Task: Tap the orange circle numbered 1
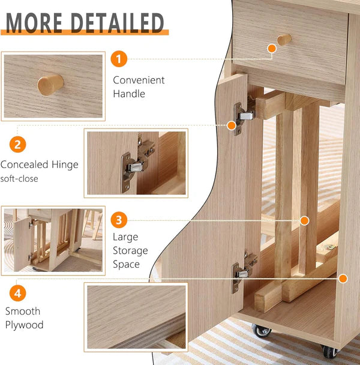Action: pyautogui.click(x=119, y=59)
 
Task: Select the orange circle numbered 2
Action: pyautogui.click(x=18, y=145)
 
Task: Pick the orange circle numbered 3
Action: pyautogui.click(x=119, y=220)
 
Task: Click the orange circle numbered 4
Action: pyautogui.click(x=18, y=294)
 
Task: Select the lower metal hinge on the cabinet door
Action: pyautogui.click(x=243, y=270)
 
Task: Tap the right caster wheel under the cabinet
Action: pyautogui.click(x=329, y=352)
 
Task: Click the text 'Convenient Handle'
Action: pyautogui.click(x=139, y=86)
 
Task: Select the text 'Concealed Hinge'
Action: pyautogui.click(x=39, y=164)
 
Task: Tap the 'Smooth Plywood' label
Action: pyautogui.click(x=24, y=318)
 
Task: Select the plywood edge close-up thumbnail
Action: pyautogui.click(x=136, y=317)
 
